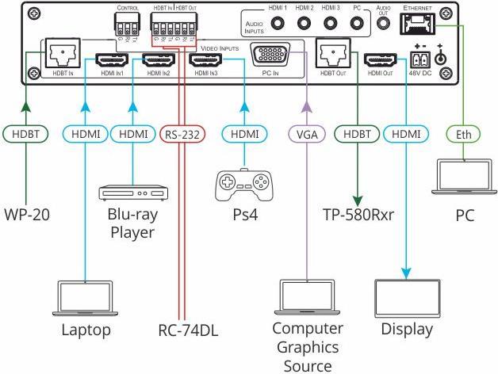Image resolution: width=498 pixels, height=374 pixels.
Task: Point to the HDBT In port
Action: click(61, 54)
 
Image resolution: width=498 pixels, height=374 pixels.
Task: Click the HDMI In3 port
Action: click(209, 59)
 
